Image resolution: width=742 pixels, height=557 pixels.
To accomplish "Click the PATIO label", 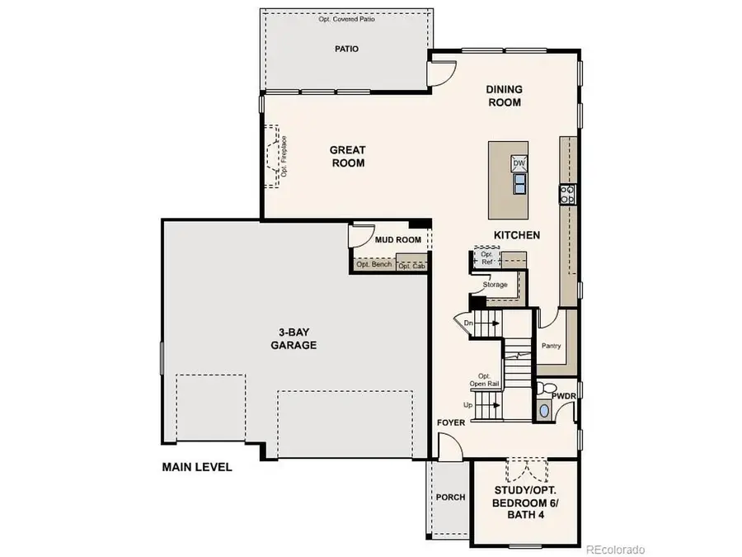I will pos(346,49).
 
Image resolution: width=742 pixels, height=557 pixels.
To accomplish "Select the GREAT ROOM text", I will pos(347,156).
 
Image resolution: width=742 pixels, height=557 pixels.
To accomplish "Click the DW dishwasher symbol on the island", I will pos(519,163).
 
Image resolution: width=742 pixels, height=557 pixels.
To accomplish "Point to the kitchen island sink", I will pos(519,184).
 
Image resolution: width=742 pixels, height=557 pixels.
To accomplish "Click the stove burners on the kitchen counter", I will pos(567,194).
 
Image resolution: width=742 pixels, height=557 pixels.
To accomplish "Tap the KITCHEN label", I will pos(517,235).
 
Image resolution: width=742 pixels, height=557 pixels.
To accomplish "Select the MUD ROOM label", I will pos(398,240).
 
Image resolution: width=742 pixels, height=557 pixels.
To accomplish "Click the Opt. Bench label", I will pos(373,265).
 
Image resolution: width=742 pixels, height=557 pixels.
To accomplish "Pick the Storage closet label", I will pos(495,285).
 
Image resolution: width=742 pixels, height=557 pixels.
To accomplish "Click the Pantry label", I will pos(552,346).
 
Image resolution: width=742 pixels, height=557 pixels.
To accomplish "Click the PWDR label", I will pos(564,397).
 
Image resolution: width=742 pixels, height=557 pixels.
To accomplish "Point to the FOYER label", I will pos(451,422).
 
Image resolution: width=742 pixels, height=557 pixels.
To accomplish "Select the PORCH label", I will pos(450,498).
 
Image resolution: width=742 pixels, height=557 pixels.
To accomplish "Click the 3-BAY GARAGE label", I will pos(294,339).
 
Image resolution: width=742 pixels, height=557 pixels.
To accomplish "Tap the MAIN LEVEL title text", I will pos(197,467).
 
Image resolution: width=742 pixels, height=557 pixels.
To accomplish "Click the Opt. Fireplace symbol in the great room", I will pos(273,156).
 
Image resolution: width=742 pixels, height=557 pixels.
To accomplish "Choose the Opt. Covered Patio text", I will pos(346,19).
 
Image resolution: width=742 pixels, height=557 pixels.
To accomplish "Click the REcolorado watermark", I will pos(616,549).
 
